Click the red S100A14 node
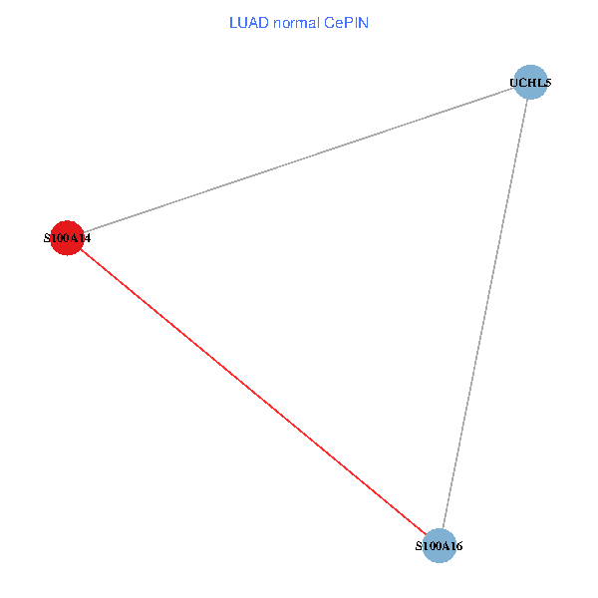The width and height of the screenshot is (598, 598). click(x=67, y=238)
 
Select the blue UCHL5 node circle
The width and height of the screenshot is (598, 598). click(x=531, y=82)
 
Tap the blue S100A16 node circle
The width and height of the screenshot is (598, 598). click(x=439, y=546)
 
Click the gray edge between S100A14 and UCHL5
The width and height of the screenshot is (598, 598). click(x=299, y=160)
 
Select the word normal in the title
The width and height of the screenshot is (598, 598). click(x=295, y=22)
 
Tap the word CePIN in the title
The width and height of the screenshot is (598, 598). click(x=346, y=22)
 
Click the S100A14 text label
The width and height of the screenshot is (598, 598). click(x=67, y=239)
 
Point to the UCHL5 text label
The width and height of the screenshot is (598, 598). click(x=531, y=83)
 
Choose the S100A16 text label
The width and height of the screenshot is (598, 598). click(x=439, y=547)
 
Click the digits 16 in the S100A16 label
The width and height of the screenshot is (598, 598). click(x=456, y=547)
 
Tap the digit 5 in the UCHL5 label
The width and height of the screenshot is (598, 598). click(x=548, y=83)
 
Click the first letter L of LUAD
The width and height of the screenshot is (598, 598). click(x=233, y=22)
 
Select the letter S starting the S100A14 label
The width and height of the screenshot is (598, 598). click(x=47, y=239)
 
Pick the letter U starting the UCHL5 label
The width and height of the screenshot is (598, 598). click(x=515, y=83)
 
